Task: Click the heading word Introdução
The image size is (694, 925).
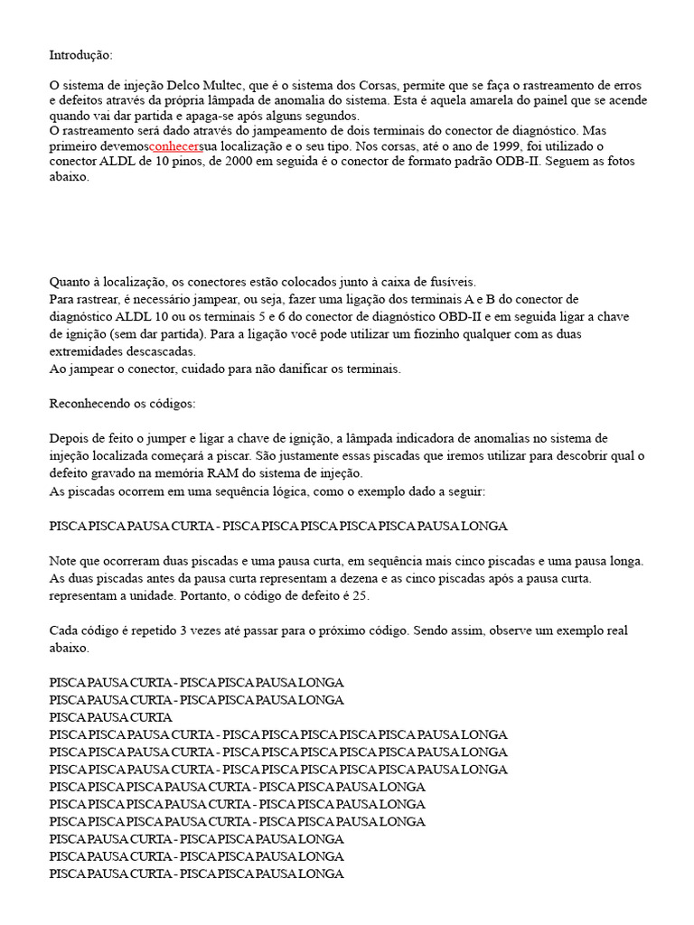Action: point(81,55)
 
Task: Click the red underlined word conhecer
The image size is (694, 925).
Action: point(175,146)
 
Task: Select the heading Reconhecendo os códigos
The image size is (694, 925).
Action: point(122,403)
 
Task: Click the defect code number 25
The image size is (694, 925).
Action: point(361,596)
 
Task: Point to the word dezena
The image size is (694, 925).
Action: point(367,578)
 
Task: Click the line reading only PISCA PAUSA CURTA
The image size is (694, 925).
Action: point(111,717)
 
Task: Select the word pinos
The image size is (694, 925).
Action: point(173,162)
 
